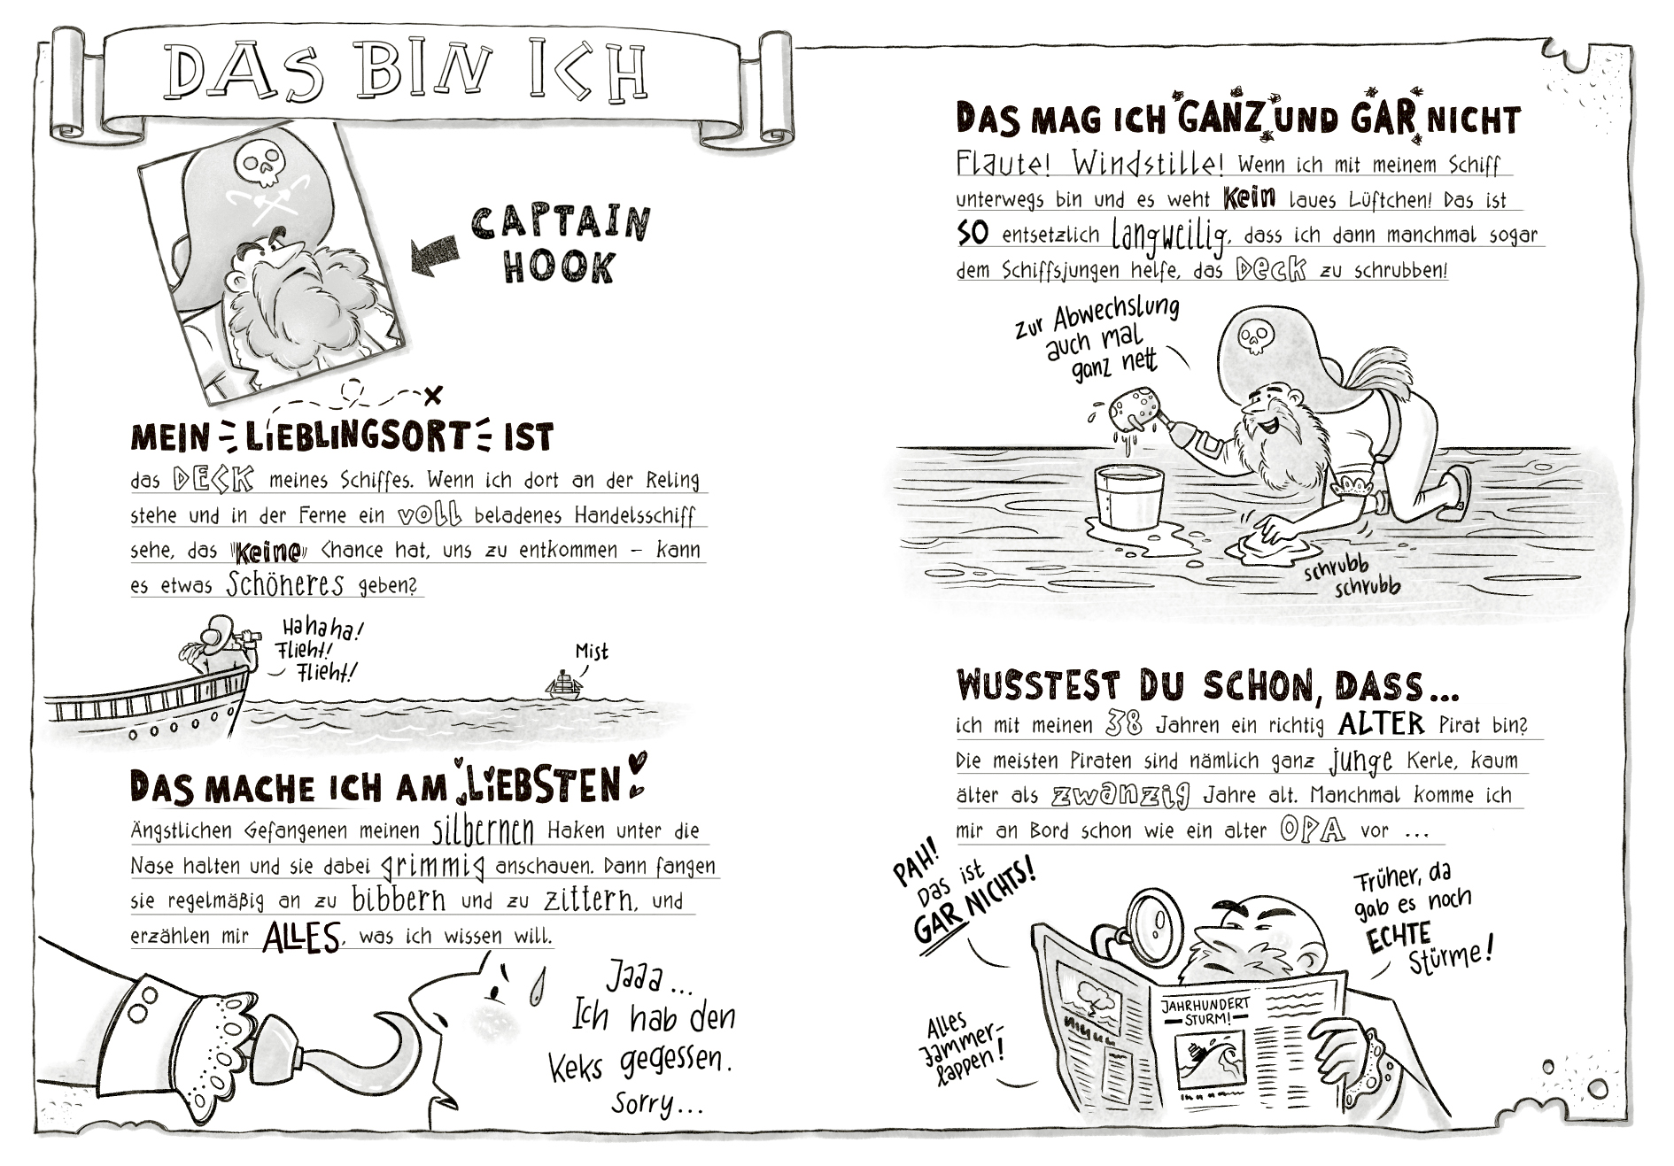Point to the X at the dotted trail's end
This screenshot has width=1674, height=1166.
click(432, 395)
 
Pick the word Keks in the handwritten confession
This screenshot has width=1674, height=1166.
click(576, 1065)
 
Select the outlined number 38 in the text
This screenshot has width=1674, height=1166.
click(1124, 724)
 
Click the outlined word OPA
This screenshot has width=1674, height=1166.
click(1312, 830)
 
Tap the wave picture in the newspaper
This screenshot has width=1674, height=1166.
click(1208, 1062)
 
